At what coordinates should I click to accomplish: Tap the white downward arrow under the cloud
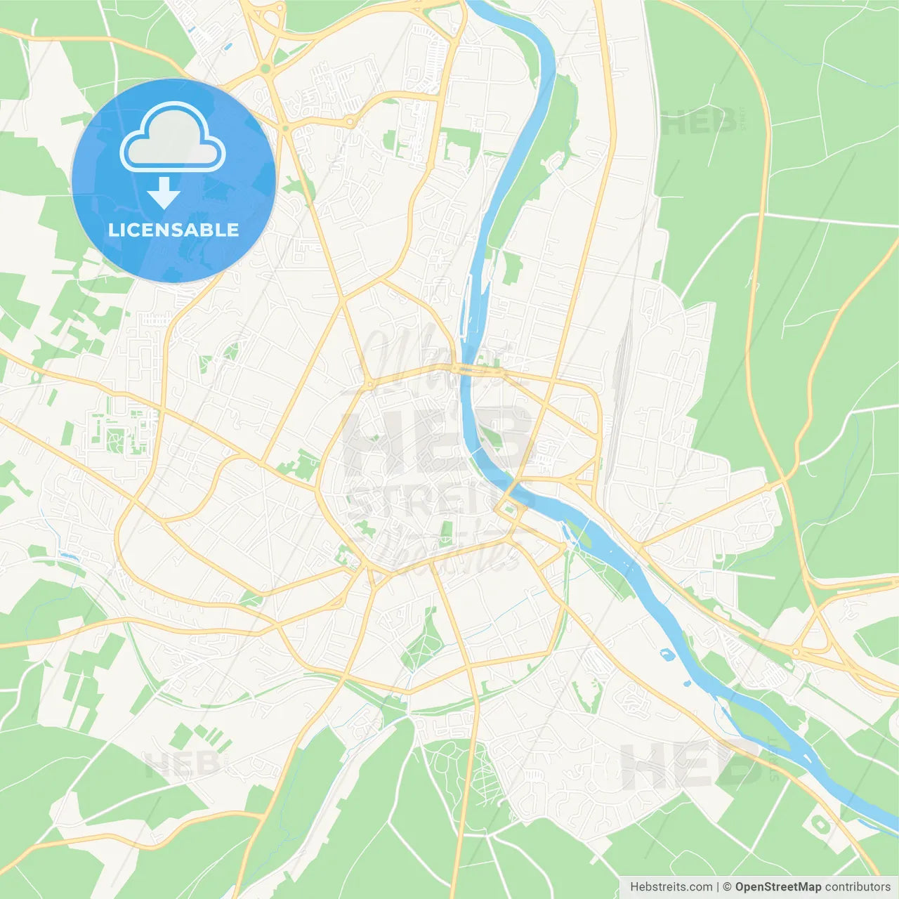click(x=164, y=193)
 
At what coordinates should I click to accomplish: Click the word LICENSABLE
click(x=173, y=230)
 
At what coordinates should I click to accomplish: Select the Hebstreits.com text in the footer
click(x=671, y=887)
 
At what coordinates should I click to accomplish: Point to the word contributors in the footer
click(x=858, y=887)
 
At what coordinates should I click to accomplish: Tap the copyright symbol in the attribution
click(x=727, y=887)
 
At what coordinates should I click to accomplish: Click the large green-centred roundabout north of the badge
click(x=265, y=68)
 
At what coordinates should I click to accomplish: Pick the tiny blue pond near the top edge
click(x=227, y=47)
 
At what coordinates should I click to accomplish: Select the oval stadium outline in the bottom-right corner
click(x=818, y=822)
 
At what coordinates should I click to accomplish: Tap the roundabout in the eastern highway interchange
click(x=795, y=652)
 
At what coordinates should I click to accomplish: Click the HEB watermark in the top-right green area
click(x=700, y=123)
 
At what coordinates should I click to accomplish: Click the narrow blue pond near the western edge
click(x=69, y=556)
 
